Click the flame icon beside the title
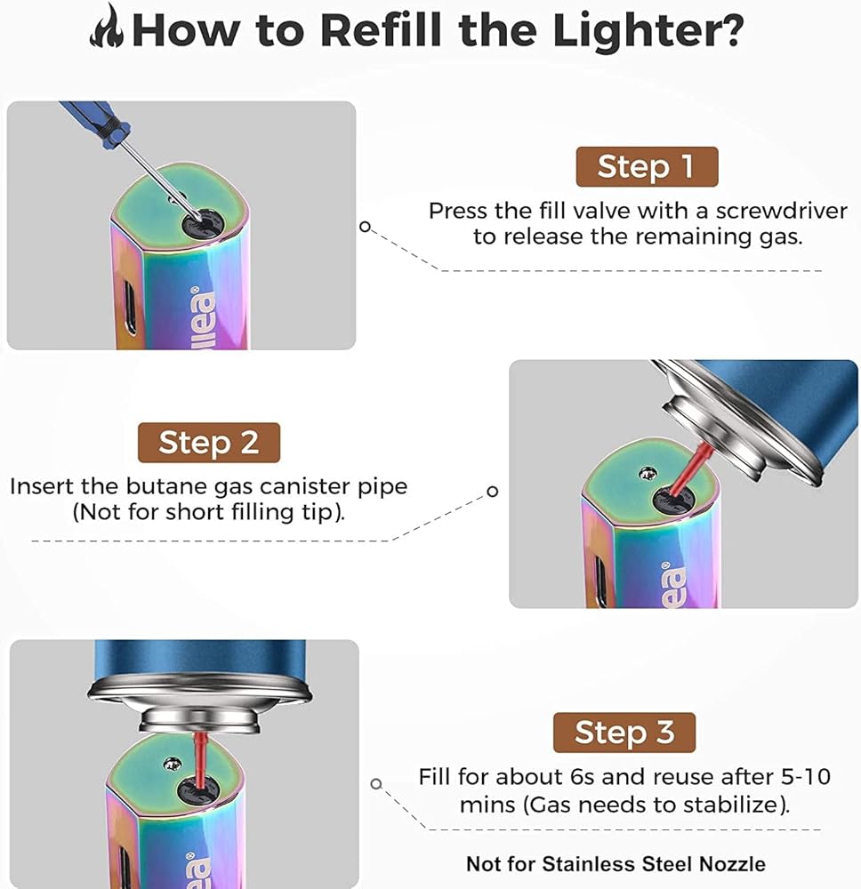[109, 28]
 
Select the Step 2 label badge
[208, 442]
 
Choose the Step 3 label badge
[624, 733]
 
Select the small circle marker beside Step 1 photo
[364, 226]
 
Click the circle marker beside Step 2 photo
[492, 492]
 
